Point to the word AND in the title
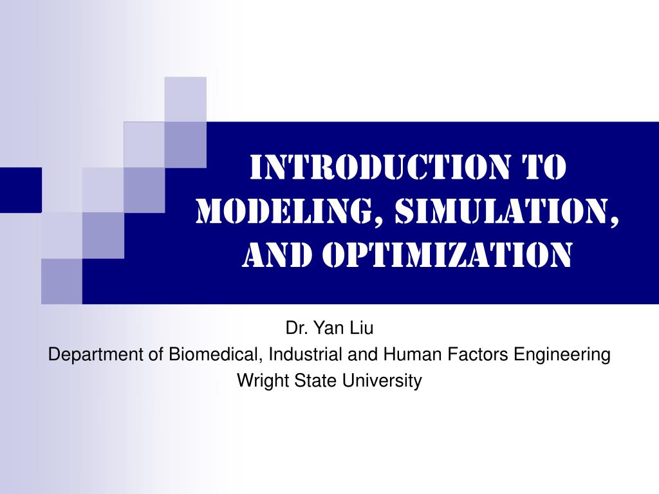(276, 255)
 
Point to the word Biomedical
(216, 354)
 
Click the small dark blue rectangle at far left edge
(20, 190)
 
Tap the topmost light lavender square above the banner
(185, 98)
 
